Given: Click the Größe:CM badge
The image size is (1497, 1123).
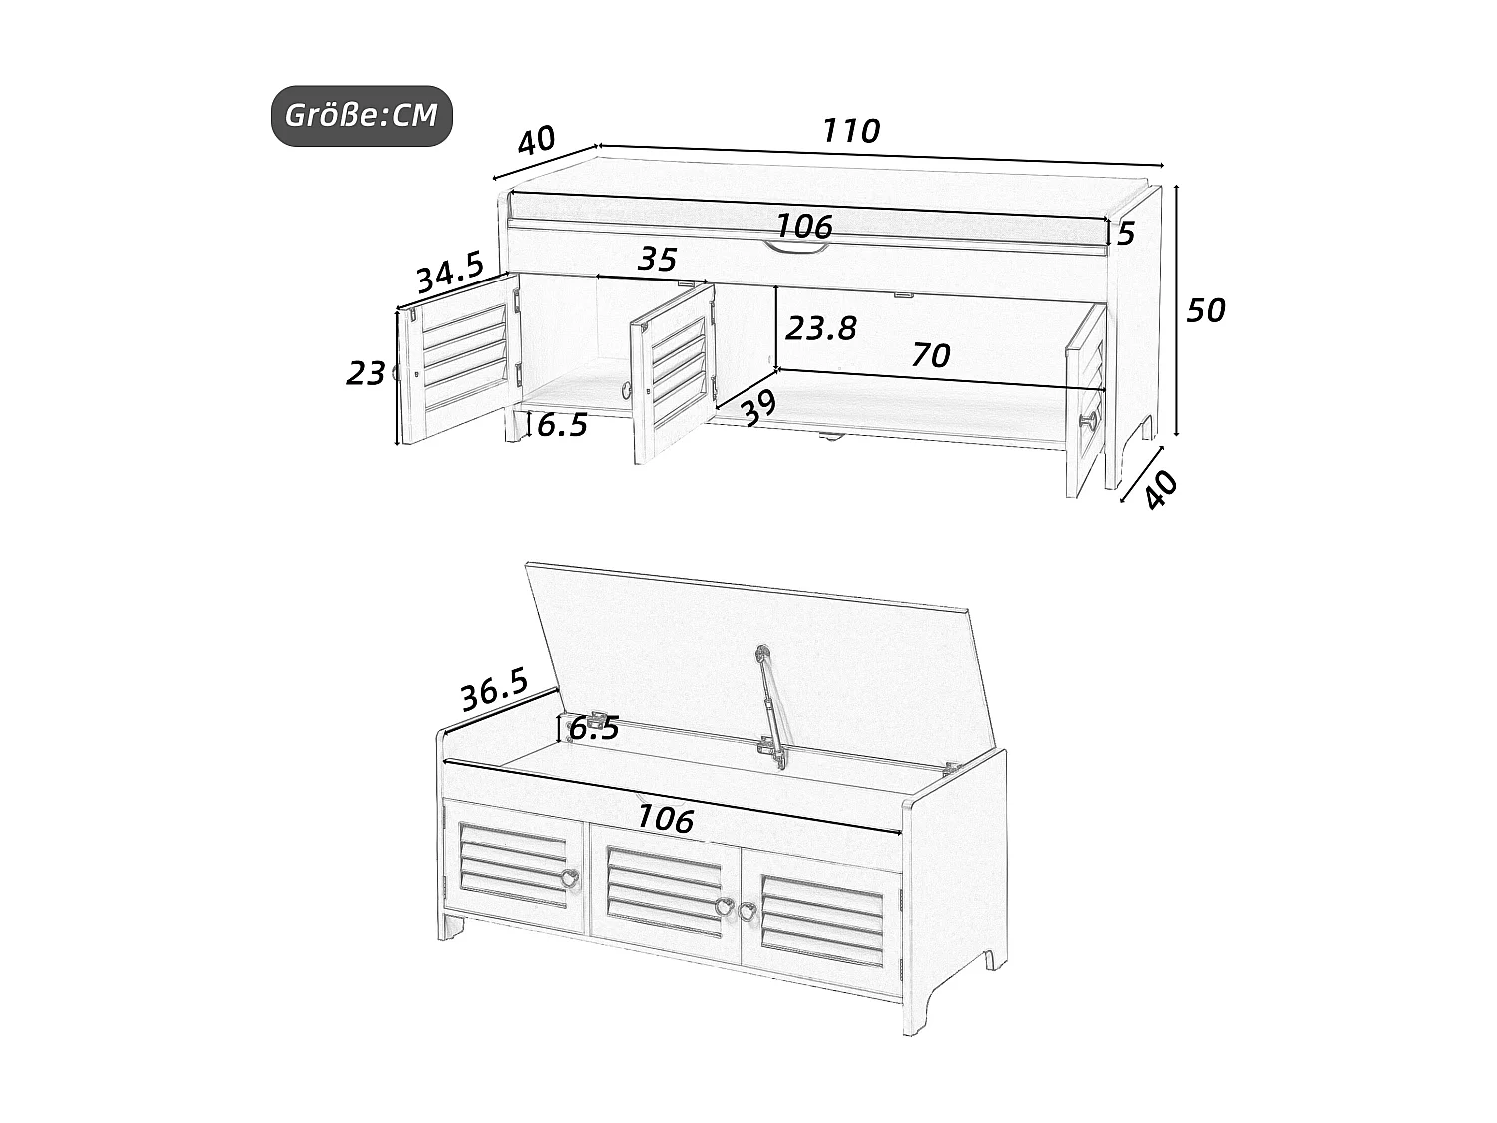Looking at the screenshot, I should point(362,116).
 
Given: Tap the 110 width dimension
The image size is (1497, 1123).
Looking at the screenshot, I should point(851,131).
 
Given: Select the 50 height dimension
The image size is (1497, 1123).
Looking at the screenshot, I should point(1205,311).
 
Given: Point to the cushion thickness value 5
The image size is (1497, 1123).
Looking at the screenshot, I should point(1126,234).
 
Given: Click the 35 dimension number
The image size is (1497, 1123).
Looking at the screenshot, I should point(657,260).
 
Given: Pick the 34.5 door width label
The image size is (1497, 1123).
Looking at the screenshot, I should point(449,273).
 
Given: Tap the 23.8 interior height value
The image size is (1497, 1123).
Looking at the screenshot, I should point(820,328).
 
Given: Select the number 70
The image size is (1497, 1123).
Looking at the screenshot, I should point(930,355).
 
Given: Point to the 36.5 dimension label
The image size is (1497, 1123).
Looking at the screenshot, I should point(494,689).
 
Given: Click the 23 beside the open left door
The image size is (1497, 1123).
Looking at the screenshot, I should point(365,374).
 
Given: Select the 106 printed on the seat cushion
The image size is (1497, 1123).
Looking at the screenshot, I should point(804,227).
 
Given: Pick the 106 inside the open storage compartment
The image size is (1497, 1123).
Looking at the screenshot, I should point(665,819).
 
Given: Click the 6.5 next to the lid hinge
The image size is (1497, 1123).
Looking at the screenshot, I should point(594,729).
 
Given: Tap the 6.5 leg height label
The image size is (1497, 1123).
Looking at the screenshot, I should point(562,426).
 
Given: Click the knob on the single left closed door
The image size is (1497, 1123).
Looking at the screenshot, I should point(568,879).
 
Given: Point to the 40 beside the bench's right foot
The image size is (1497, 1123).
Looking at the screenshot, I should point(1161,490).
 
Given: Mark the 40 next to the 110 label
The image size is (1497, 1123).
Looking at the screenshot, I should point(536,140).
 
